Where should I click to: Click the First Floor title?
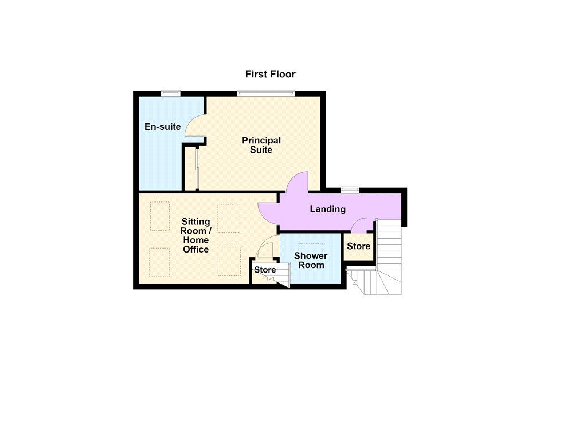[271, 74]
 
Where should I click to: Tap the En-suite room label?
[162, 127]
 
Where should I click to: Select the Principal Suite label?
[261, 145]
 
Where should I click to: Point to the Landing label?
[327, 209]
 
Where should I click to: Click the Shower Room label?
[311, 261]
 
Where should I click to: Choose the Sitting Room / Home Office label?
[196, 235]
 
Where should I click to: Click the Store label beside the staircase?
[359, 246]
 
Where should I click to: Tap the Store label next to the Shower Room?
[265, 270]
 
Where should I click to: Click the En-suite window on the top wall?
[171, 94]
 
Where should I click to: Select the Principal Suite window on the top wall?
[266, 94]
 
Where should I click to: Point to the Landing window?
[350, 190]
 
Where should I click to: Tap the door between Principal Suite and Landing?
[298, 182]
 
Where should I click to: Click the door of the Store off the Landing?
[359, 225]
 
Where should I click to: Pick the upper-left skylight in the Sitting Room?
[160, 216]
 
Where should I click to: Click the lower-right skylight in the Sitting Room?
[229, 261]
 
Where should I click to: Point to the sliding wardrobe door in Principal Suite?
[197, 168]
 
